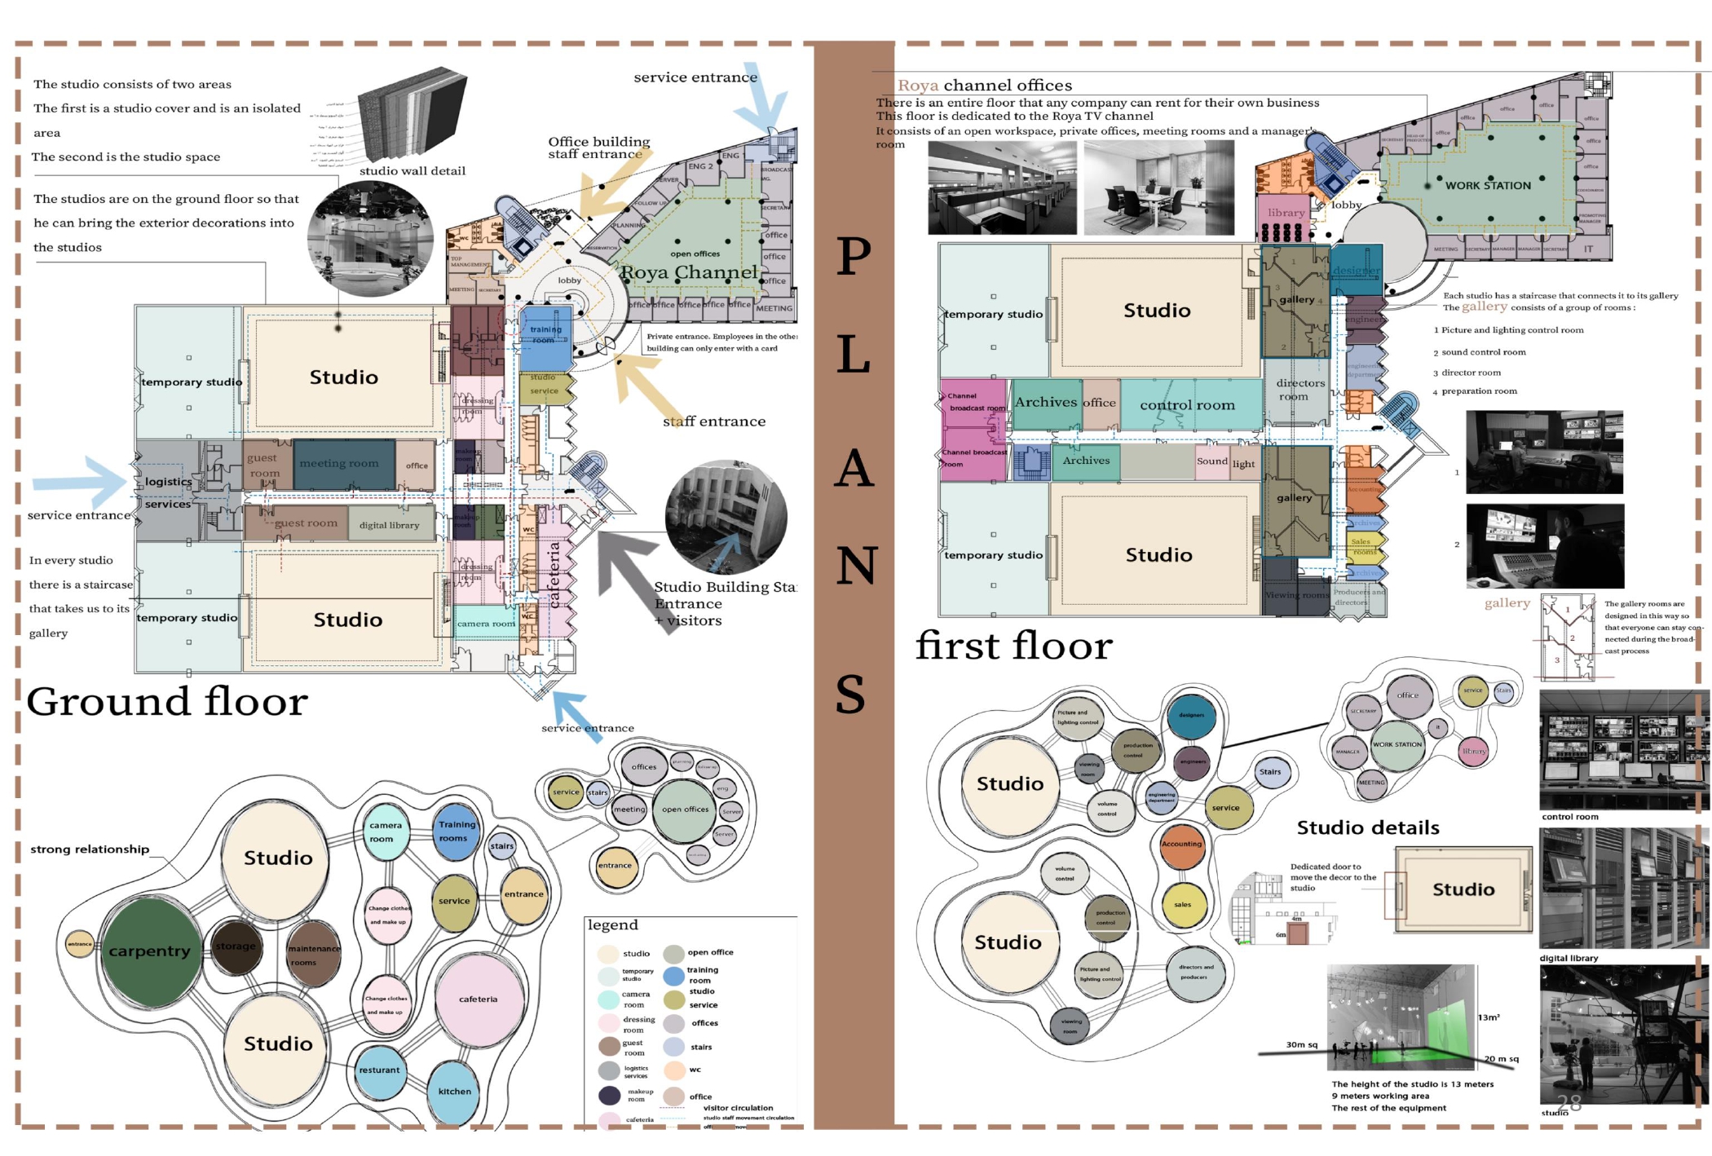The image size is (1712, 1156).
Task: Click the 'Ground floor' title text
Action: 167,702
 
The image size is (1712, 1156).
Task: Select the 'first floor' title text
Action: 1013,646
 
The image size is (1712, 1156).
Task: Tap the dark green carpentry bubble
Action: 150,951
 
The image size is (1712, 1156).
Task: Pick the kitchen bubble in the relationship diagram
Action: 454,1091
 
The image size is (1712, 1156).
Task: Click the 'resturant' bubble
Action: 380,1070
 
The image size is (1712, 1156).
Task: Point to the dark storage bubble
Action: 236,946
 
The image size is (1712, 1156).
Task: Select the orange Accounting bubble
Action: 1181,845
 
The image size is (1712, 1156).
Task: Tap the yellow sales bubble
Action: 1183,904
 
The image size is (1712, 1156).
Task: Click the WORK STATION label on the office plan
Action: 1488,186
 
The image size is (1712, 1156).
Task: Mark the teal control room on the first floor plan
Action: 1188,405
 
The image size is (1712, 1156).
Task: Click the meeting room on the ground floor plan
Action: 339,464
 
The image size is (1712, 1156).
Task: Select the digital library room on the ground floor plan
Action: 390,525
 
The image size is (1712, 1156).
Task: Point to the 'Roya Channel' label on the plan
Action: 689,272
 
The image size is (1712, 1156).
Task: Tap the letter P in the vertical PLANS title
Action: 854,257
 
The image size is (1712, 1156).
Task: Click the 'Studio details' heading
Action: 1368,828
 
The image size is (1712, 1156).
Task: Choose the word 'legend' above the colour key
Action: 613,925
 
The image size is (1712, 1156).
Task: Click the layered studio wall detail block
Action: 413,114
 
